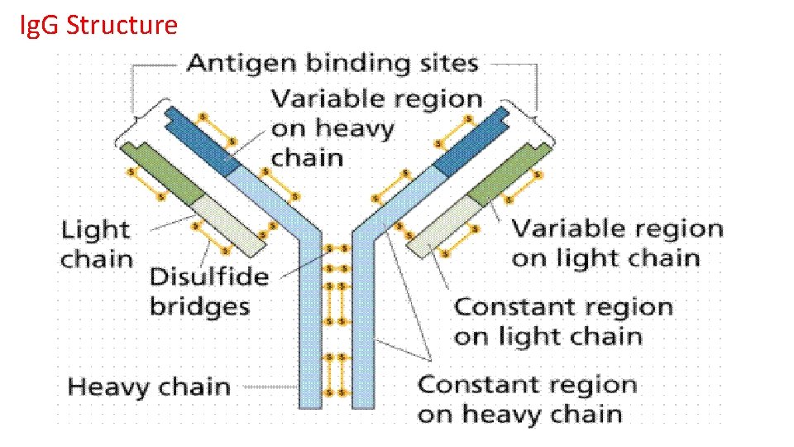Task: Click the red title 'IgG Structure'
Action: tap(98, 26)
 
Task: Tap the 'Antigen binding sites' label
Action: tap(332, 63)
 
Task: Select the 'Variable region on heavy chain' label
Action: tap(376, 127)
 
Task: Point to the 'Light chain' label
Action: tap(96, 243)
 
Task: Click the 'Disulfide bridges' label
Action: tap(208, 291)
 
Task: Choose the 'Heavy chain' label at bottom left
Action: tap(148, 387)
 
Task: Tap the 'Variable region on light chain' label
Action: tap(616, 243)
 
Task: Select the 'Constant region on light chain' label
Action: tap(562, 321)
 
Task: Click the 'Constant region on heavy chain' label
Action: tap(527, 399)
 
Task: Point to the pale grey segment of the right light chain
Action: tap(442, 226)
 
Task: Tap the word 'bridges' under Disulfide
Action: tap(199, 306)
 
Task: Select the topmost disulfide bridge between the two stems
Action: tap(337, 248)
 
